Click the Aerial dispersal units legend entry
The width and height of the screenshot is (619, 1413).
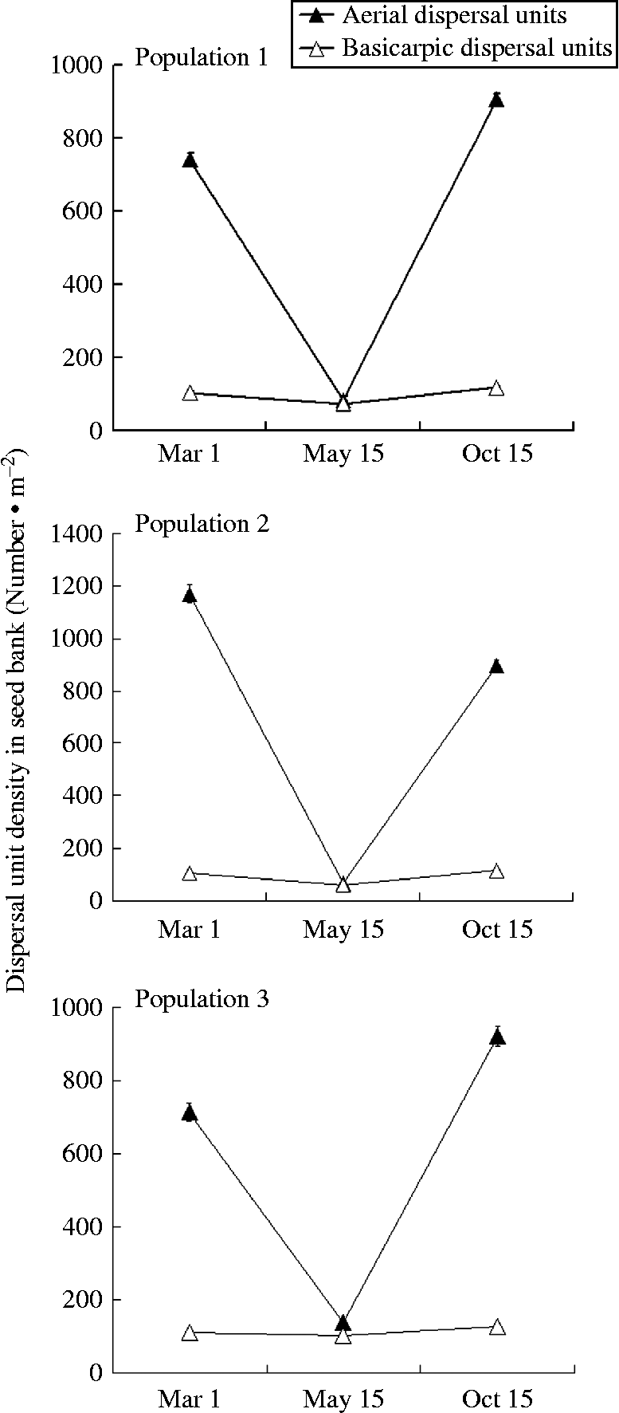coord(454,15)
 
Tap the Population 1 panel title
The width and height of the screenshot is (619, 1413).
coord(202,58)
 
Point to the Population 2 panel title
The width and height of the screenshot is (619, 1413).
coord(202,524)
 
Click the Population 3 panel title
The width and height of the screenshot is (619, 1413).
coord(202,998)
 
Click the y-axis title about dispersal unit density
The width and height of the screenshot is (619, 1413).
coord(17,721)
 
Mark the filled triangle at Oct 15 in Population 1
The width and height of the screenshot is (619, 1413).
coord(496,100)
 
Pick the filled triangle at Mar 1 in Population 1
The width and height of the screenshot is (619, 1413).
coord(190,160)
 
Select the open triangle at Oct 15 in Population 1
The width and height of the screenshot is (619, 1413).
coord(496,388)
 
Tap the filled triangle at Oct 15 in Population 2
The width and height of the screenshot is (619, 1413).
coord(496,667)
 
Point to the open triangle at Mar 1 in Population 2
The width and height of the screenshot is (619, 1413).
coord(190,873)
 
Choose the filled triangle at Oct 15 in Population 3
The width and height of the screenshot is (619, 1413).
coord(497,1037)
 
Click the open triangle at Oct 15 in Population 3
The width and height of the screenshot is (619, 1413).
coord(497,1327)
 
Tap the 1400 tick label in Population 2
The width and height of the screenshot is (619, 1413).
coord(76,534)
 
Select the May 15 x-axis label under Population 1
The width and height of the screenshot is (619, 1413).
coord(343,455)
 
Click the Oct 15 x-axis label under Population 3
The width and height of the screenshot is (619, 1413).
coord(497,1398)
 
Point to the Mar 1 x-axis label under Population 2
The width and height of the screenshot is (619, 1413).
coord(190,929)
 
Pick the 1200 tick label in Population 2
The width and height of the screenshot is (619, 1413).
coord(76,587)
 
